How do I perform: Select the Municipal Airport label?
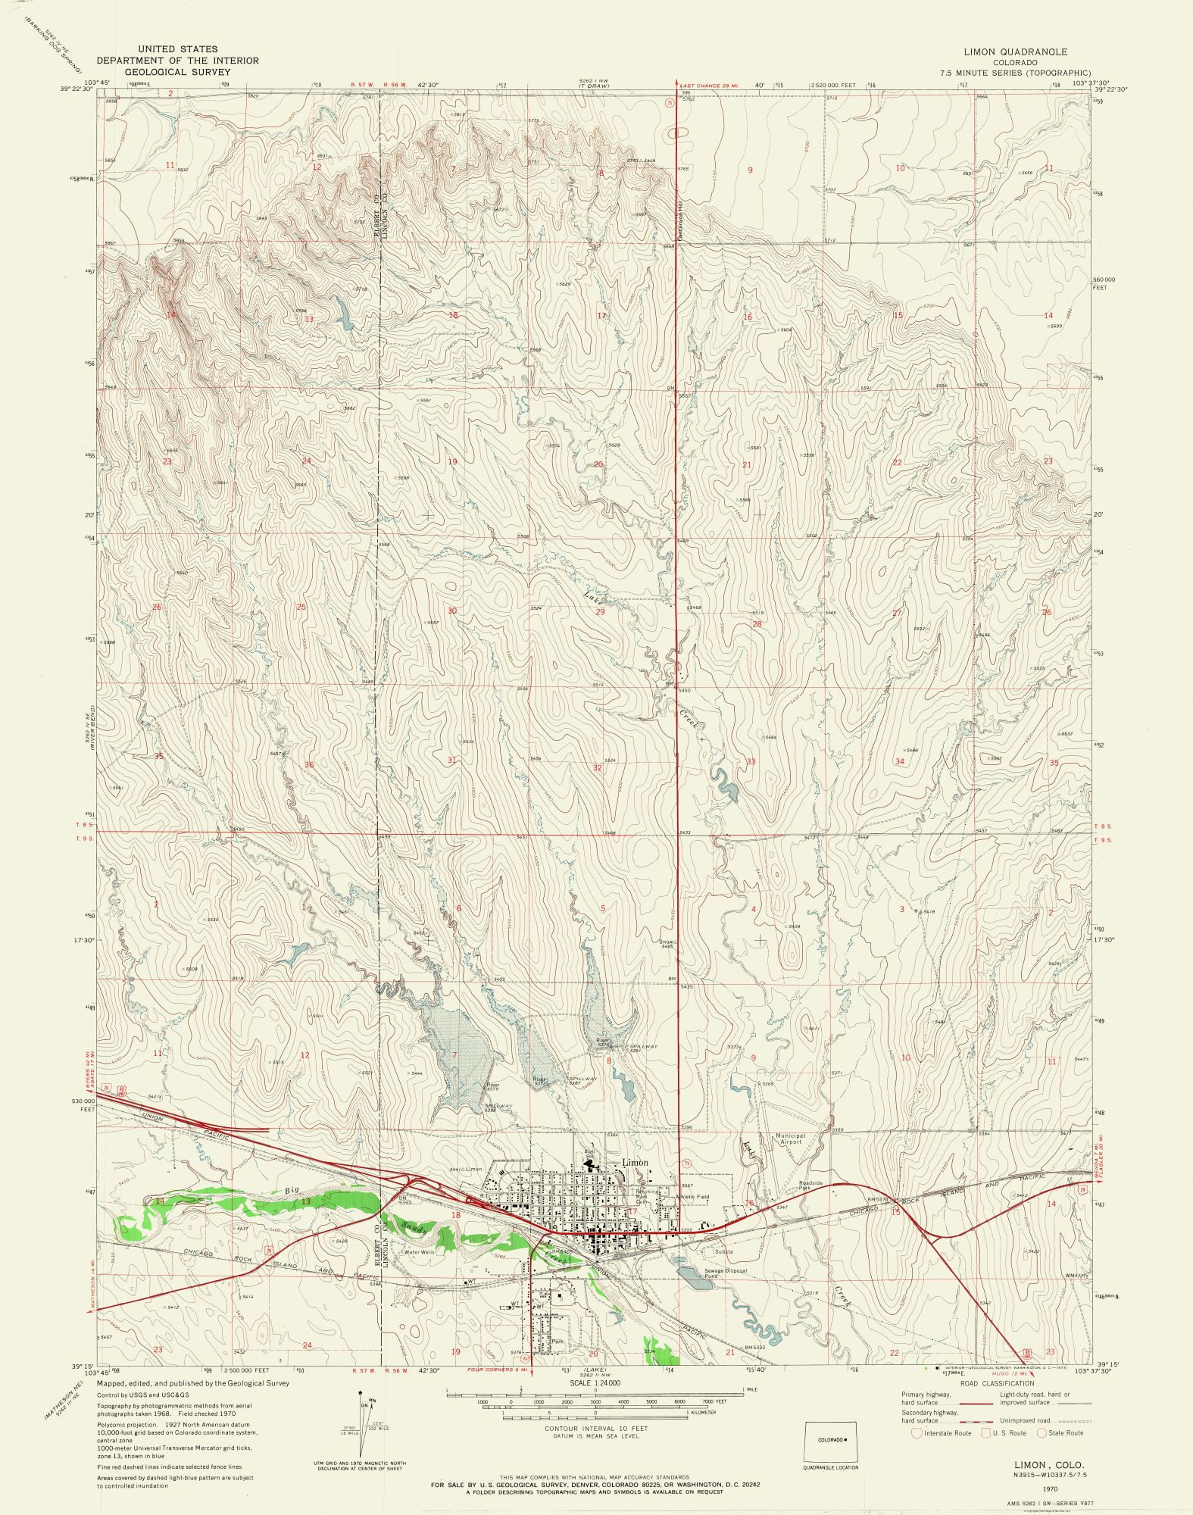pyautogui.click(x=789, y=1139)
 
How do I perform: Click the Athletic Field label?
pyautogui.click(x=692, y=1197)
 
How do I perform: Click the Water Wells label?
pyautogui.click(x=419, y=1252)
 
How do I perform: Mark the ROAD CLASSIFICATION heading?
pyautogui.click(x=996, y=1383)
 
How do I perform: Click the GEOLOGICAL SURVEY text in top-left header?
pyautogui.click(x=177, y=72)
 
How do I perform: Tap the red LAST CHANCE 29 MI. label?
pyautogui.click(x=709, y=86)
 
